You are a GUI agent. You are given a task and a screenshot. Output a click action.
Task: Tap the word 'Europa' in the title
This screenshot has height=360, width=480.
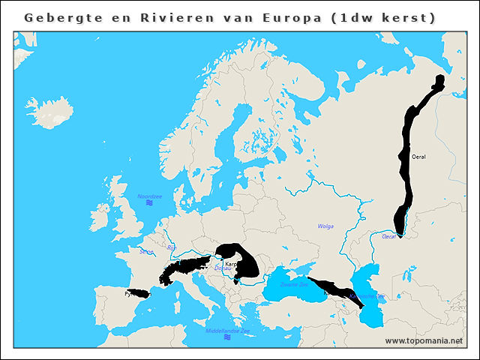tap(289, 16)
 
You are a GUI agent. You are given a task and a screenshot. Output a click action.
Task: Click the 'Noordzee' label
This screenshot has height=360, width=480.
tap(149, 196)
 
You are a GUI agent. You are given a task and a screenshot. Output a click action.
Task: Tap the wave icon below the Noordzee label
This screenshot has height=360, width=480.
tap(149, 204)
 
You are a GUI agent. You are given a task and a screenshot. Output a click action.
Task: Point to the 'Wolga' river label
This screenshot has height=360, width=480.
tap(325, 226)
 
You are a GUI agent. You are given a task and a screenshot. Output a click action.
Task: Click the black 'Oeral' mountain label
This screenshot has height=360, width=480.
tap(418, 157)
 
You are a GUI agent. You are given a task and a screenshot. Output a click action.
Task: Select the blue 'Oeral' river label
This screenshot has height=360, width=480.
tap(389, 236)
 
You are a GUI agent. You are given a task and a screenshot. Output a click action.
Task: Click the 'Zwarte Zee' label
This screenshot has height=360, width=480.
tap(294, 285)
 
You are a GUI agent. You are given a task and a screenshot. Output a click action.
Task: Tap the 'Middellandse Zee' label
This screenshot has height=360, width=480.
tap(227, 330)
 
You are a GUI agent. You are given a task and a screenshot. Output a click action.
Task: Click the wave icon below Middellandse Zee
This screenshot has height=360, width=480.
tap(227, 337)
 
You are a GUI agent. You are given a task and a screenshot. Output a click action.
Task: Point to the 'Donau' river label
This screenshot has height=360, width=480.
tap(223, 268)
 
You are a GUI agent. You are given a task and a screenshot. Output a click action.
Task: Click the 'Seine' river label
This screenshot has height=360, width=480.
tap(145, 251)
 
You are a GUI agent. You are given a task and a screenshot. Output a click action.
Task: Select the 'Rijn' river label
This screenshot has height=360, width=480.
tap(171, 247)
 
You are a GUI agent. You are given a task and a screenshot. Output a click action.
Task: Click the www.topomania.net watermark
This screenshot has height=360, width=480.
tap(424, 341)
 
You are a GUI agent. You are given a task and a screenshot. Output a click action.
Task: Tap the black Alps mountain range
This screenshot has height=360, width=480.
tap(184, 267)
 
